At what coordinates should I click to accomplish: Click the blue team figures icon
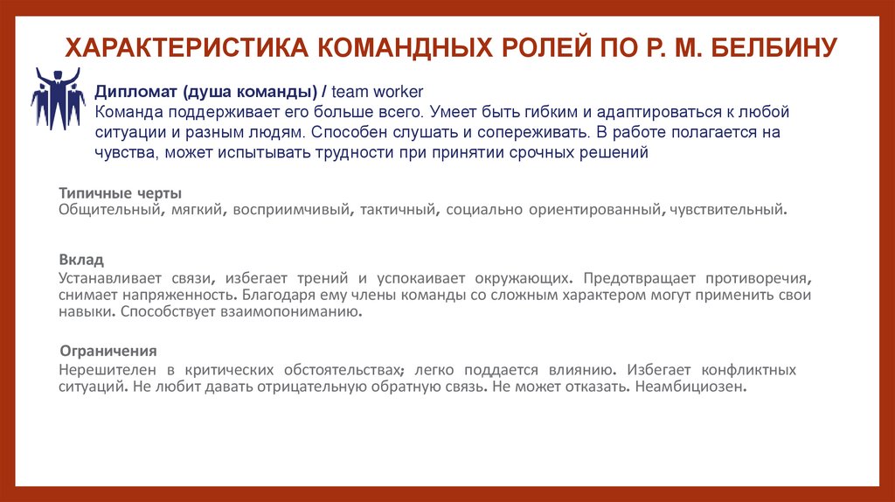pyautogui.click(x=58, y=98)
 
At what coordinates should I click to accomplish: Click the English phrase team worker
pyautogui.click(x=378, y=94)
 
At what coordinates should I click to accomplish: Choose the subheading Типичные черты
pyautogui.click(x=120, y=192)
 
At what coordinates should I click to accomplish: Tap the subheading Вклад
pyautogui.click(x=81, y=260)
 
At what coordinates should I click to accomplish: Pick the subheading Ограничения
pyautogui.click(x=108, y=351)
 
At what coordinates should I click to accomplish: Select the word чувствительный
pyautogui.click(x=726, y=210)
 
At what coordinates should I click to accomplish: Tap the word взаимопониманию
pyautogui.click(x=293, y=310)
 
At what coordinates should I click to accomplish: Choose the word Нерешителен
pyautogui.click(x=102, y=370)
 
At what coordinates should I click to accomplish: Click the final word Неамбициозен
pyautogui.click(x=692, y=387)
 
